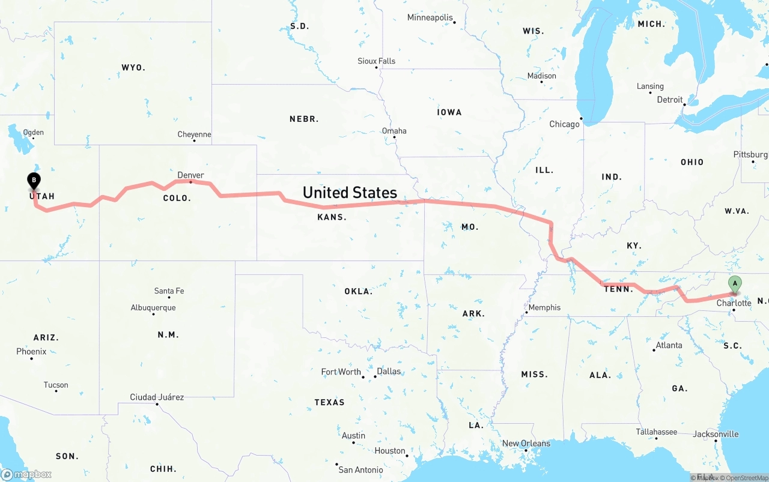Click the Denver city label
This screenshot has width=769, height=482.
pyautogui.click(x=190, y=175)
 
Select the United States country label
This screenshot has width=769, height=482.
pyautogui.click(x=350, y=192)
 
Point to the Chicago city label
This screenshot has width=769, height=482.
pyautogui.click(x=564, y=124)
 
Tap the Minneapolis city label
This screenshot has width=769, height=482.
pyautogui.click(x=430, y=17)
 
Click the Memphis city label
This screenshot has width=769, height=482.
pyautogui.click(x=544, y=307)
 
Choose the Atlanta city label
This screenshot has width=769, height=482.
pyautogui.click(x=669, y=345)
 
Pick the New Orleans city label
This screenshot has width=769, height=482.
pyautogui.click(x=526, y=444)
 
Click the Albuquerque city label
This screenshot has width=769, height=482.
pyautogui.click(x=153, y=308)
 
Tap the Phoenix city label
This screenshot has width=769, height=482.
pyautogui.click(x=31, y=351)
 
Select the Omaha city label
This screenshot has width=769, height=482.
pyautogui.click(x=394, y=131)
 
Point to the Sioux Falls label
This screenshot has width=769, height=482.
pyautogui.click(x=376, y=61)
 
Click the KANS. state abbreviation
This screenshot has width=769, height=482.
pyautogui.click(x=332, y=217)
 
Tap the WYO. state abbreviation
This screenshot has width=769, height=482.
pyautogui.click(x=133, y=68)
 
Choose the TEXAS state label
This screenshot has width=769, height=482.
pyautogui.click(x=329, y=402)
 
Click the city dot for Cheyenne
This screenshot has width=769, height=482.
pyautogui.click(x=194, y=140)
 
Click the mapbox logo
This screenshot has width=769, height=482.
pyautogui.click(x=26, y=474)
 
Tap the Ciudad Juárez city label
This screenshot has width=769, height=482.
pyautogui.click(x=157, y=397)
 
